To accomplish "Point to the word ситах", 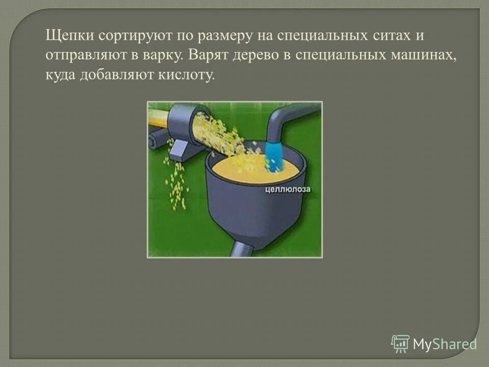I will pos(388,37).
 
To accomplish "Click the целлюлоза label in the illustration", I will pos(288,190).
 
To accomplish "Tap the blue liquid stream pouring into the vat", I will pos(274,156).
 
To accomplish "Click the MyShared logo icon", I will pos(400,344).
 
